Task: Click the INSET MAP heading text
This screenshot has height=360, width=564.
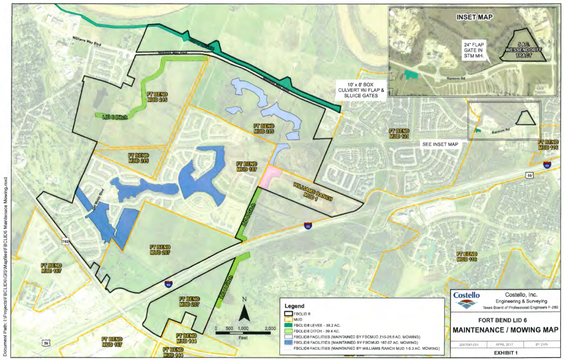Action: pos(474,17)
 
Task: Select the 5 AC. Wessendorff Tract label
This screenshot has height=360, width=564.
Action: pos(521,50)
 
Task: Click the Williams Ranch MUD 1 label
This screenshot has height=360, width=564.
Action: pos(313,192)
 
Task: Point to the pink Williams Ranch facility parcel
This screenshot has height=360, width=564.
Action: pos(269,175)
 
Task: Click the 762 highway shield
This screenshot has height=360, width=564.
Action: pos(66,242)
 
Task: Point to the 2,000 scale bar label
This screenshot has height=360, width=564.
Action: pos(270,328)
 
